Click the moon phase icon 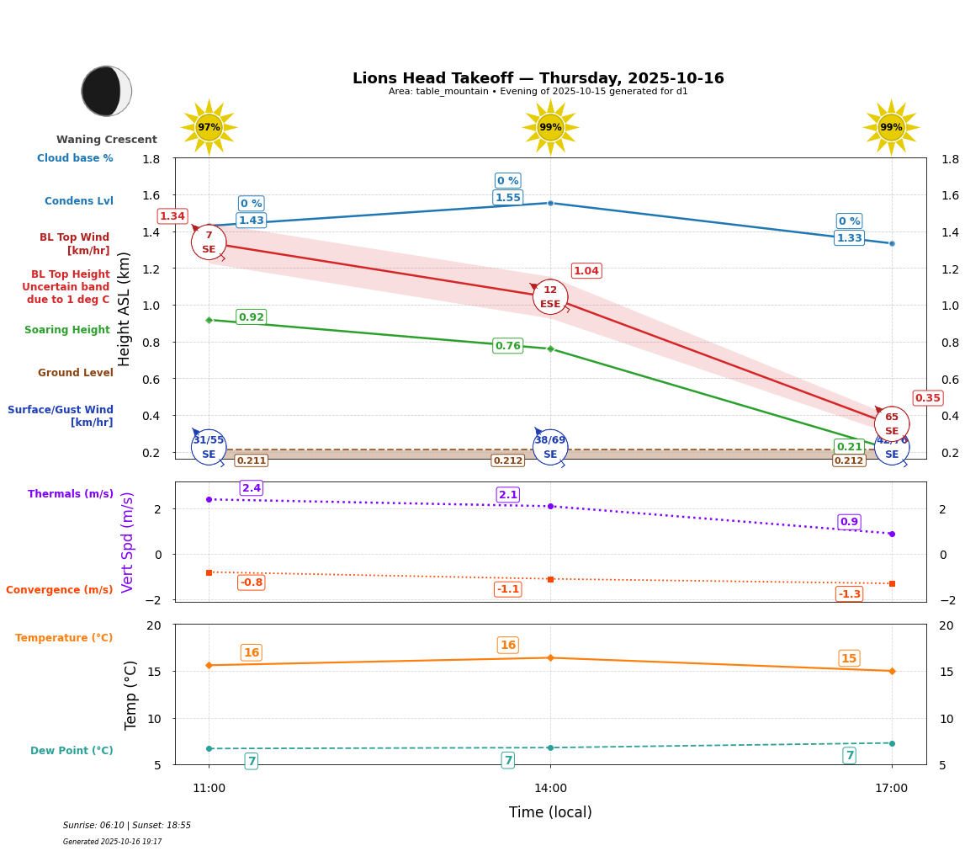(107, 91)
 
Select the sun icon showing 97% (209, 127)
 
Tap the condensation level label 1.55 (507, 198)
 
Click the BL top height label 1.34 (172, 216)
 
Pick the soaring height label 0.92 (251, 317)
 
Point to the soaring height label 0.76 (507, 346)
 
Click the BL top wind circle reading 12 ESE (550, 297)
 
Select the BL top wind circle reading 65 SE (891, 424)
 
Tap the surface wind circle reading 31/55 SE (209, 447)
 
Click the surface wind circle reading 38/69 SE (550, 447)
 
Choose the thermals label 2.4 (251, 488)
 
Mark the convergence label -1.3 (849, 594)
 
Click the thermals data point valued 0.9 (891, 534)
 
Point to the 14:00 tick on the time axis (550, 789)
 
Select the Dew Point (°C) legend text (72, 751)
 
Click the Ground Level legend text (75, 373)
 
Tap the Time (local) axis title (550, 812)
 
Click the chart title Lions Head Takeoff (538, 78)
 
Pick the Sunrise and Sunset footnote (127, 826)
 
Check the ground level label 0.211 (251, 460)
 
